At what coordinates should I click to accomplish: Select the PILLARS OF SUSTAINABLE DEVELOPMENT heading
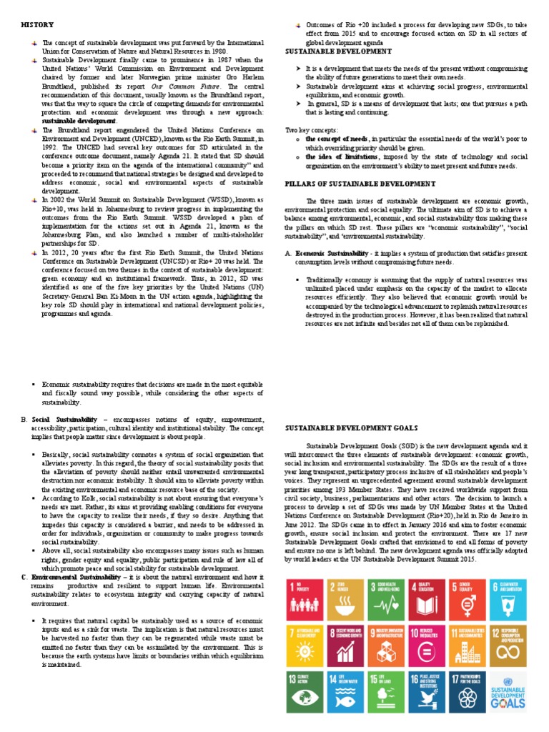360,184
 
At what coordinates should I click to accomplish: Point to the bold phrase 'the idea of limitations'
341,156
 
